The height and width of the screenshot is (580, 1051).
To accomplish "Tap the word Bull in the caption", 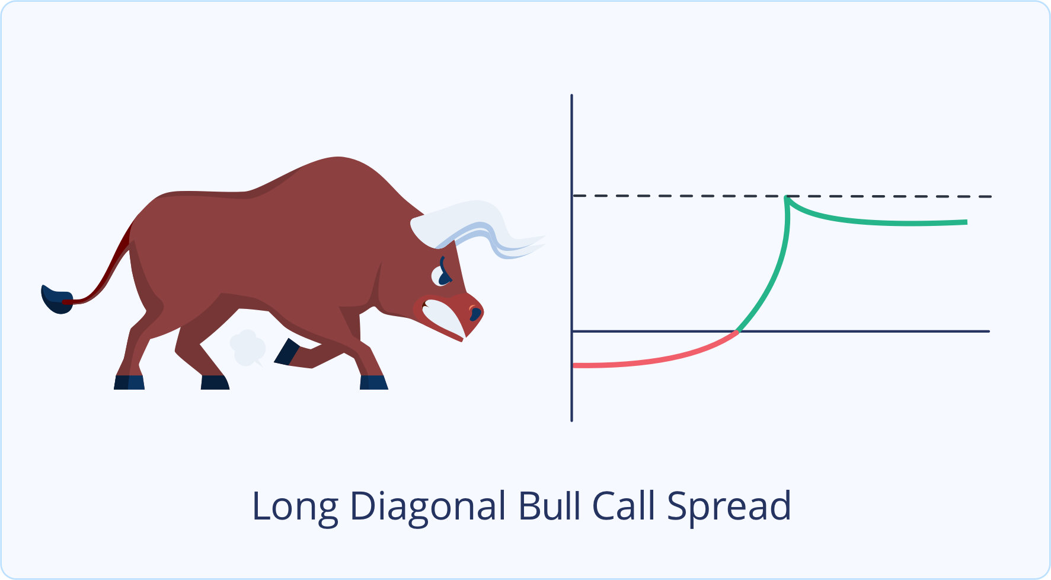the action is pos(550,506).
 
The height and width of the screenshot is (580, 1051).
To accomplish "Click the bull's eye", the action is pos(442,275).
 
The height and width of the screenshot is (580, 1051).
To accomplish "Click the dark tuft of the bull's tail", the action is pos(56,299).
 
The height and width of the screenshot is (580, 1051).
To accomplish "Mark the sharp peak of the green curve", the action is pos(786,197).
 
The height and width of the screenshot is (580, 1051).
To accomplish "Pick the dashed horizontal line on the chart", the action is pos(782,196).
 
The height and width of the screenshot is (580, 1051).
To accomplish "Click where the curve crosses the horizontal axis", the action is pos(737,332).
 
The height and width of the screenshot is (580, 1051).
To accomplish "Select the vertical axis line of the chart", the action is pos(571,258).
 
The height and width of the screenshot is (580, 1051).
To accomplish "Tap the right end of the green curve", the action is pos(966,222).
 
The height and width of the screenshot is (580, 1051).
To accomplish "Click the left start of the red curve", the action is pos(574,365).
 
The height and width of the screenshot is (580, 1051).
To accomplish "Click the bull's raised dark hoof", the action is pos(286,351).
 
